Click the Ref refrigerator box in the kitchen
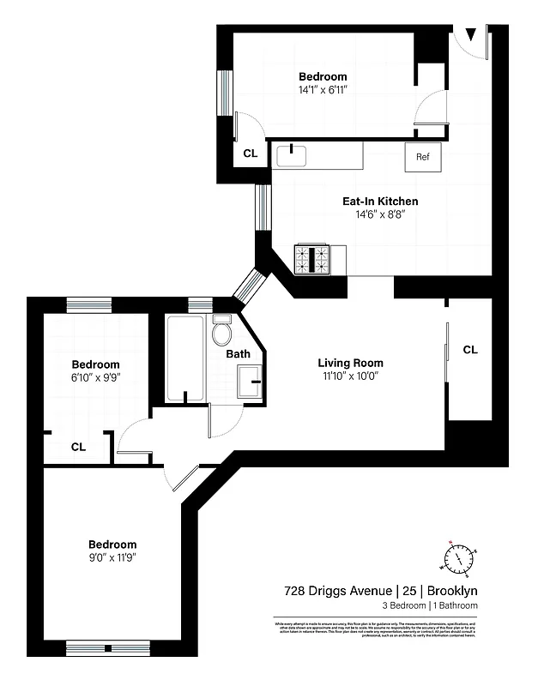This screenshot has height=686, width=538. pyautogui.click(x=422, y=157)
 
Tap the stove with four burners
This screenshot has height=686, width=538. pyautogui.click(x=313, y=259)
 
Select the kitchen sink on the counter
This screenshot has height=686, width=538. pyautogui.click(x=292, y=156)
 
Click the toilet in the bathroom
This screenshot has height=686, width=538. pyautogui.click(x=223, y=331)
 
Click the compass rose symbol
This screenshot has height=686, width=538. pyautogui.click(x=458, y=558)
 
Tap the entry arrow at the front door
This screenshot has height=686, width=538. pyautogui.click(x=469, y=35)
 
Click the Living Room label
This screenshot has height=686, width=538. pyautogui.click(x=350, y=363)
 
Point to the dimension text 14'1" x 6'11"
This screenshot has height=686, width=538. pyautogui.click(x=323, y=89)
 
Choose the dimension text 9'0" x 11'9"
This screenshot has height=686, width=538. pyautogui.click(x=112, y=557)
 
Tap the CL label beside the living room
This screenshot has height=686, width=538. pyautogui.click(x=470, y=350)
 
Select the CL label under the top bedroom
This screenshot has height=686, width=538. pyautogui.click(x=251, y=154)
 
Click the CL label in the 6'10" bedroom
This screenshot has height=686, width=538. pyautogui.click(x=78, y=447)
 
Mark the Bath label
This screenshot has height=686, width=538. pyautogui.click(x=238, y=353)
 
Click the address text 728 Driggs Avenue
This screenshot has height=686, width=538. pyautogui.click(x=338, y=591)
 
